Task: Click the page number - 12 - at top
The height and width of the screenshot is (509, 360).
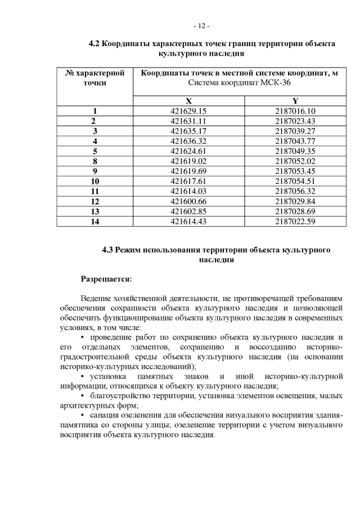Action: point(201,26)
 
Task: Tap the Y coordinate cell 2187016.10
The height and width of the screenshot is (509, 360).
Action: point(295,111)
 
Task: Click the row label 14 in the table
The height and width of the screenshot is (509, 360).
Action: point(94,221)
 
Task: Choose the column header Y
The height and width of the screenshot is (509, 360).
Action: point(295,101)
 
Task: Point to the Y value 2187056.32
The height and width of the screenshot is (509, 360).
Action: point(295,191)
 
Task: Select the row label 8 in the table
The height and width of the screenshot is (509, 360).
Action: point(94,161)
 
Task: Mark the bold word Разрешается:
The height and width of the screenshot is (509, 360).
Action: point(106,278)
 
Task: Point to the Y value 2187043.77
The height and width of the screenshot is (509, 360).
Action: point(295,141)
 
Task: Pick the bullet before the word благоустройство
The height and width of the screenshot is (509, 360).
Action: point(83,395)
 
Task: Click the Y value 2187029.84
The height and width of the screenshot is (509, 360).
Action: point(295,201)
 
